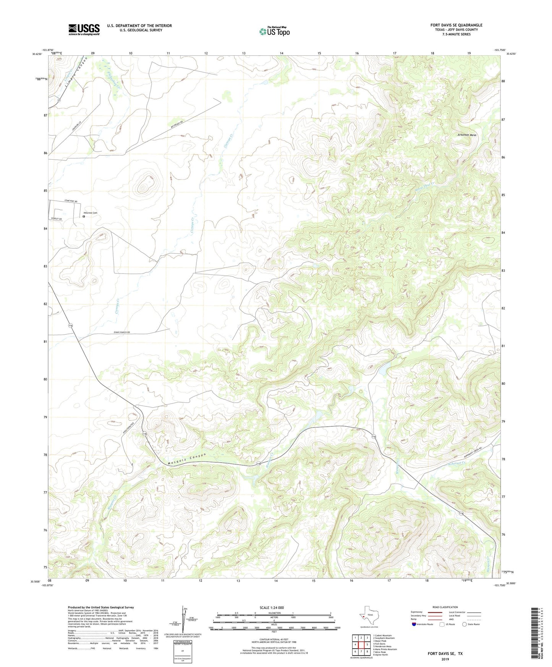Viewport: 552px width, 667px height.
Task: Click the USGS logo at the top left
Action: point(84,29)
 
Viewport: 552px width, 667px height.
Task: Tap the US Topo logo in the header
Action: point(274,31)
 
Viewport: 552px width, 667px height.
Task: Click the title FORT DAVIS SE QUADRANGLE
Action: point(456,25)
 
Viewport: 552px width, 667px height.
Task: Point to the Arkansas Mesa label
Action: point(467,135)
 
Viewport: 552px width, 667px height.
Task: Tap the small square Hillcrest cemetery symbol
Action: point(84,217)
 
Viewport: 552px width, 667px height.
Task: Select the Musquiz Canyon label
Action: point(187,460)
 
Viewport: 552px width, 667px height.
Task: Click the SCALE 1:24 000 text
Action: point(272,607)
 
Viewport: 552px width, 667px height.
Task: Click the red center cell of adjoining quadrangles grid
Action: point(361,645)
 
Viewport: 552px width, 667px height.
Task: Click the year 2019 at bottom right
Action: point(445,659)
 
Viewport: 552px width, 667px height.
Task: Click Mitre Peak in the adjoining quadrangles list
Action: point(380,652)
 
